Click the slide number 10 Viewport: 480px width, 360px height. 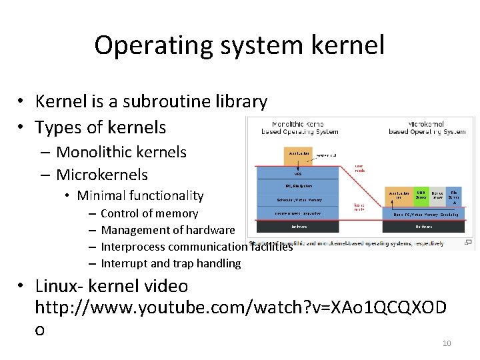point(447,343)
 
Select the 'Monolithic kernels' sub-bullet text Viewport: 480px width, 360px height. point(121,152)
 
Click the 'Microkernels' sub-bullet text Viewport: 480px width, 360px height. point(102,175)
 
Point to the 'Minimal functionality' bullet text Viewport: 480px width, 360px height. point(140,195)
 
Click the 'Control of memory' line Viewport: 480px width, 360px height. point(149,213)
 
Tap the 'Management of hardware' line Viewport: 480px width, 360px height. point(168,230)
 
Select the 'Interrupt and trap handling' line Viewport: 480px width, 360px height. point(171,263)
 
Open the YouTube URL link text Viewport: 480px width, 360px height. point(241,307)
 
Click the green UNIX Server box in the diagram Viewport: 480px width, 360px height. point(421,195)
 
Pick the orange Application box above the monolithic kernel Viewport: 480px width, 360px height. point(298,153)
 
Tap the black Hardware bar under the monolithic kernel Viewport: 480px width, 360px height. point(298,227)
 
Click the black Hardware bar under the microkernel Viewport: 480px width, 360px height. point(424,227)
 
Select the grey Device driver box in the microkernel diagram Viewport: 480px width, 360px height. point(437,195)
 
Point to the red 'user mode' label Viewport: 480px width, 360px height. point(359,168)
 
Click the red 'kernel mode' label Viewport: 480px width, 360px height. point(359,207)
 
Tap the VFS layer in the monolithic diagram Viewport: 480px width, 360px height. point(298,173)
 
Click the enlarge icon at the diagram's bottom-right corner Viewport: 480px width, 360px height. point(468,242)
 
